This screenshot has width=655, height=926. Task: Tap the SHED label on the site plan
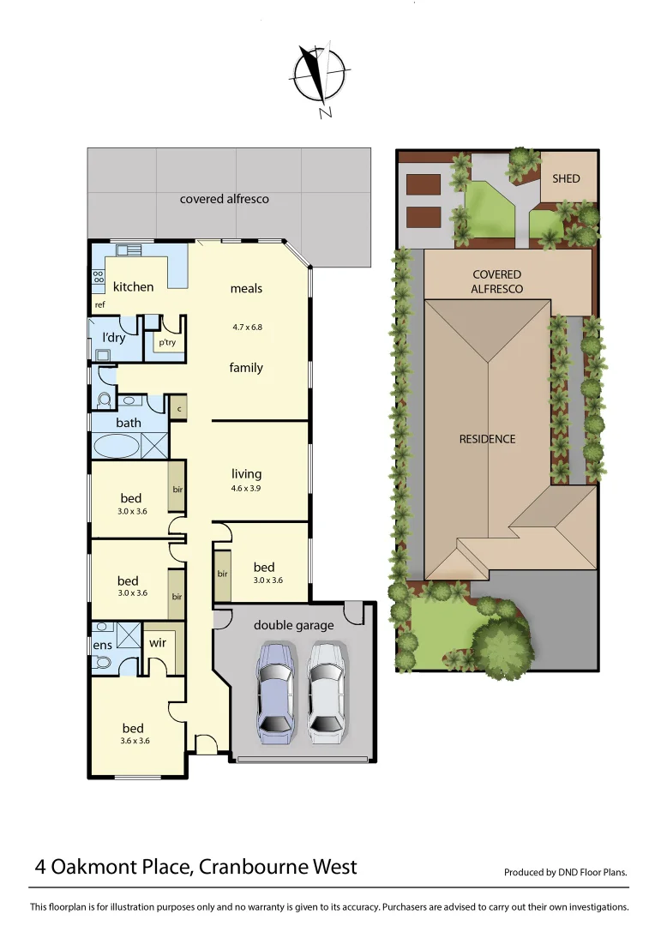coord(566,178)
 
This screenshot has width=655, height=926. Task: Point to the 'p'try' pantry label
coord(166,342)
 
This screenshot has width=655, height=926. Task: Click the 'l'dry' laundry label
coord(114,337)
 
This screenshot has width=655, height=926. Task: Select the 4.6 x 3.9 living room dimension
coord(246,489)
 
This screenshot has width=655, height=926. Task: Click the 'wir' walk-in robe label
coord(158,641)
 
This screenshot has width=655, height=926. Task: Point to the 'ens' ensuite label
coord(101,645)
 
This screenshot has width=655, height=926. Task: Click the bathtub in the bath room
coord(115,447)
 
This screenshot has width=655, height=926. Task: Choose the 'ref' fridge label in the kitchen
coord(100,304)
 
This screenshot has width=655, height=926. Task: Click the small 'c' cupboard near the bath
coord(178,408)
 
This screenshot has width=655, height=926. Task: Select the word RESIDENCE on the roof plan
coord(487,439)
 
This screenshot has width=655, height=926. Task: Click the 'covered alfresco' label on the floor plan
coord(224,199)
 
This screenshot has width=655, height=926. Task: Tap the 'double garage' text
coord(293,625)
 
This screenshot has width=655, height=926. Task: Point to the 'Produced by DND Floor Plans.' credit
coord(566,873)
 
